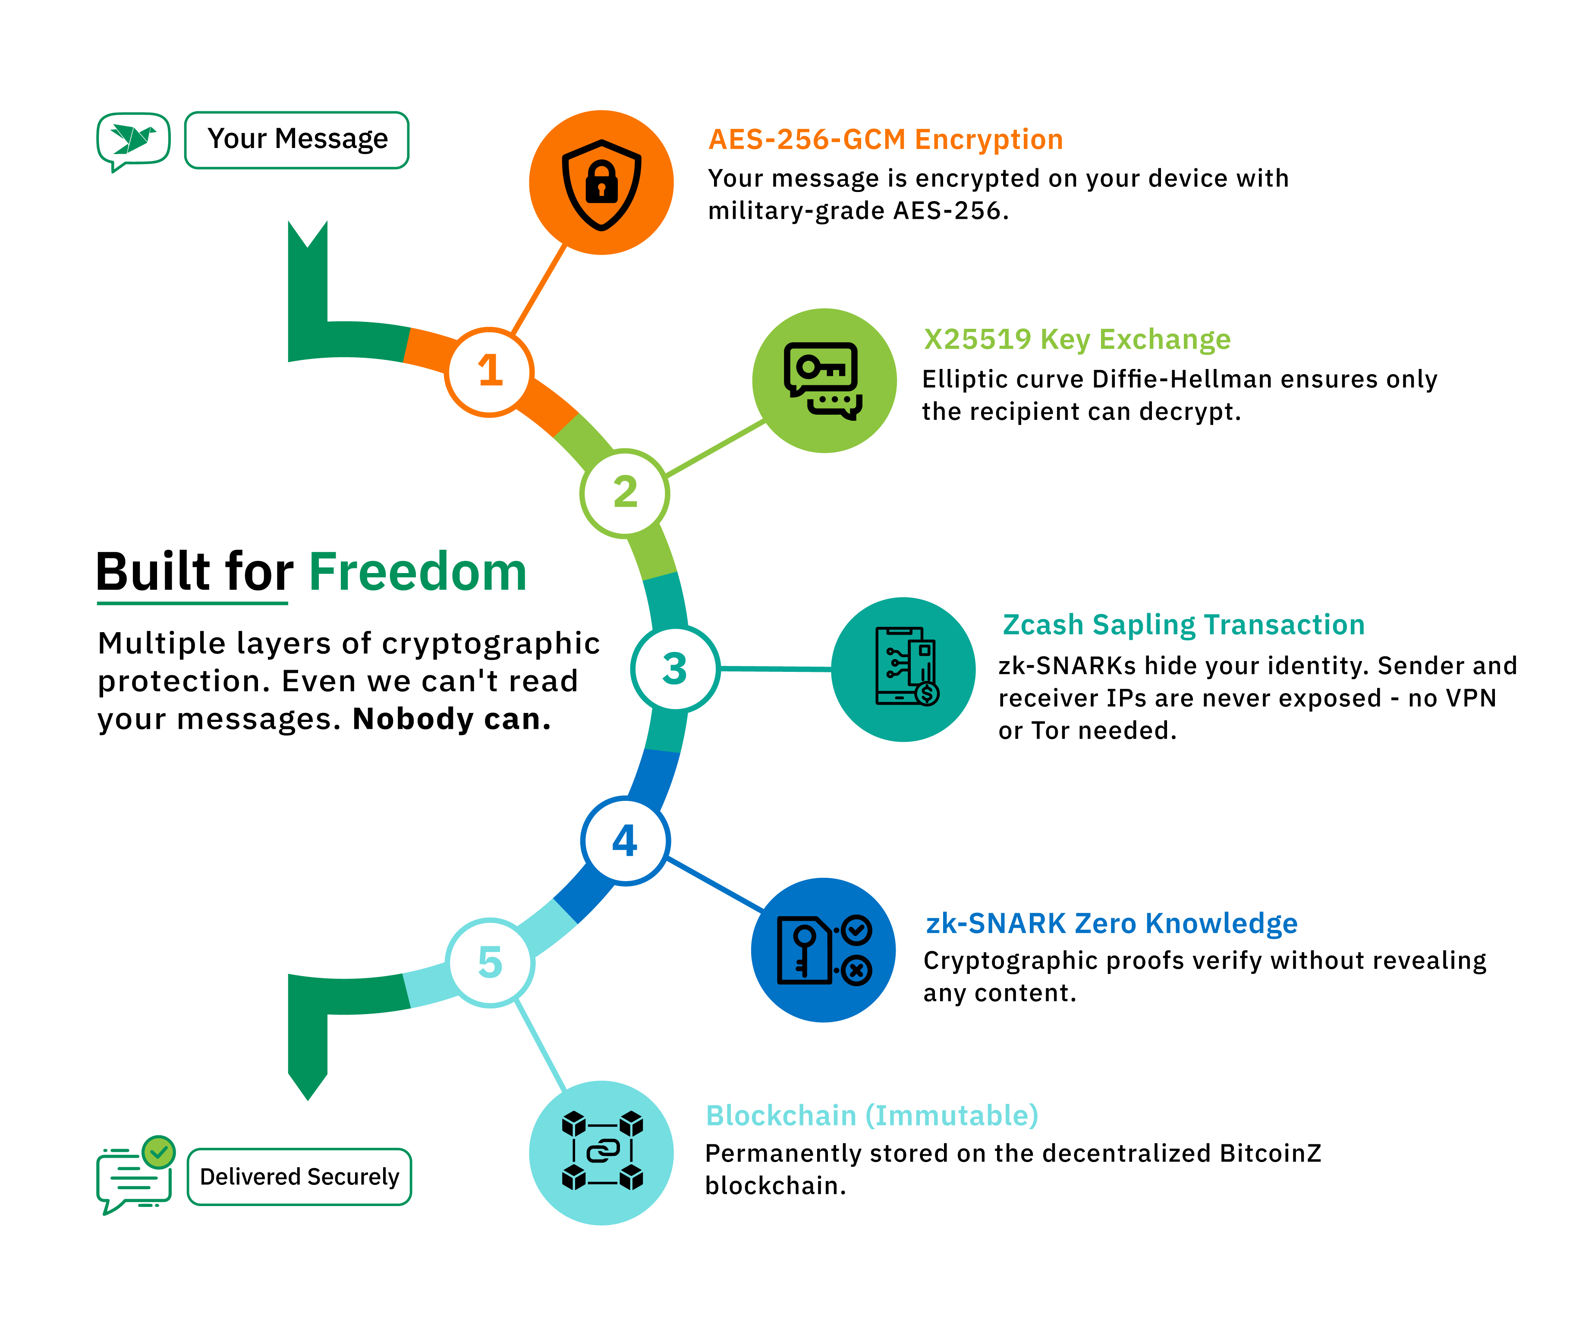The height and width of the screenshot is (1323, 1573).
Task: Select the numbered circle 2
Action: point(625,493)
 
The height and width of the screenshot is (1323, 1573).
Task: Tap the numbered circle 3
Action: point(675,668)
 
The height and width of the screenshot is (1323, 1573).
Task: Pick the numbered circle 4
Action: point(625,841)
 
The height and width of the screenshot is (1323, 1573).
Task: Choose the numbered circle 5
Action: point(490,962)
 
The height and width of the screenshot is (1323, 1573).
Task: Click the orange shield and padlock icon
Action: point(601,183)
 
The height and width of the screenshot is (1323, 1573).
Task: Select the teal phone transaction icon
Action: point(903,669)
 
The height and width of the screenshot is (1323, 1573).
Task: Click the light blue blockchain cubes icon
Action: point(601,1152)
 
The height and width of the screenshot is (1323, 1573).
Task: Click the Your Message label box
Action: point(297,140)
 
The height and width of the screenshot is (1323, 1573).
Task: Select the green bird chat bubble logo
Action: point(133,140)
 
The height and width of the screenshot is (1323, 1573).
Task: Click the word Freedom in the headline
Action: point(418,572)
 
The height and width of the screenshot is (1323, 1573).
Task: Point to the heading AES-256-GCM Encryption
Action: point(885,139)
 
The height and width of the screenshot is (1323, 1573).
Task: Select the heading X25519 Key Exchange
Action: point(1077,340)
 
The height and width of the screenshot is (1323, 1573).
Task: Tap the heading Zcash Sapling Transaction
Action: point(1183,625)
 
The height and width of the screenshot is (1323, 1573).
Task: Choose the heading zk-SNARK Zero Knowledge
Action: point(1111,923)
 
